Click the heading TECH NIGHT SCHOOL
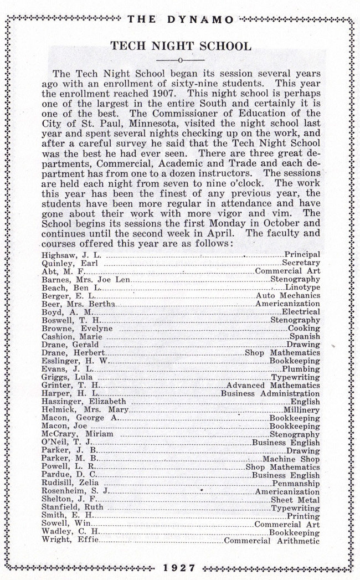(x=181, y=45)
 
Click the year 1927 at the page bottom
(x=181, y=567)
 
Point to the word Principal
(x=302, y=254)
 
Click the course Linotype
(x=303, y=288)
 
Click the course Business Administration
(x=270, y=393)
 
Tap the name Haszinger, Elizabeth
(x=84, y=402)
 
